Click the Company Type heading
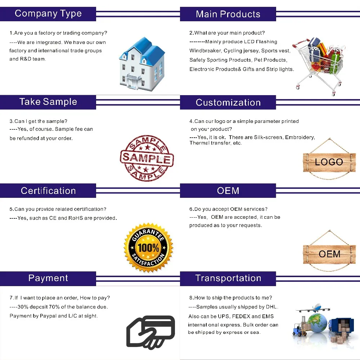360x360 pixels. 48,14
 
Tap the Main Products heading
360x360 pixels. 228,14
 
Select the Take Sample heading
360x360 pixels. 48,102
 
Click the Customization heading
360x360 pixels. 228,102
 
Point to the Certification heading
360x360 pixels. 48,191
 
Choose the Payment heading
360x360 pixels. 48,278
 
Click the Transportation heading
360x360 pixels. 228,278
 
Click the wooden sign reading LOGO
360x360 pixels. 329,162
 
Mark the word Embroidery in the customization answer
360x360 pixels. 300,137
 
